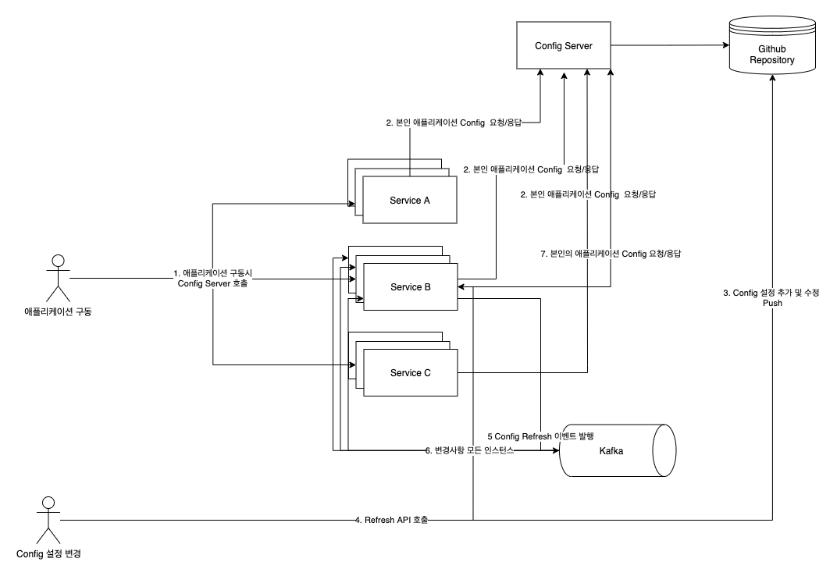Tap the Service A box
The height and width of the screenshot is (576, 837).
click(x=410, y=201)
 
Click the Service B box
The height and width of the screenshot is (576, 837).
click(x=410, y=287)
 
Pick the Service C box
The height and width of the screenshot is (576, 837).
click(x=410, y=373)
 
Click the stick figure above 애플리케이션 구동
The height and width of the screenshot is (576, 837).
click(x=54, y=277)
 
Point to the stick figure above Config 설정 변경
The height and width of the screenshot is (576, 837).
click(x=48, y=519)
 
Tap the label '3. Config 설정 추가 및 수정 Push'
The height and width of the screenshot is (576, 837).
click(x=771, y=297)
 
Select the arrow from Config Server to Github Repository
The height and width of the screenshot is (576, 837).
click(x=671, y=46)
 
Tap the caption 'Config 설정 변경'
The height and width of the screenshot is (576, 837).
click(x=48, y=554)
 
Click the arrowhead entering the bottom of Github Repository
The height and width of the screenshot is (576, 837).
click(x=772, y=80)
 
